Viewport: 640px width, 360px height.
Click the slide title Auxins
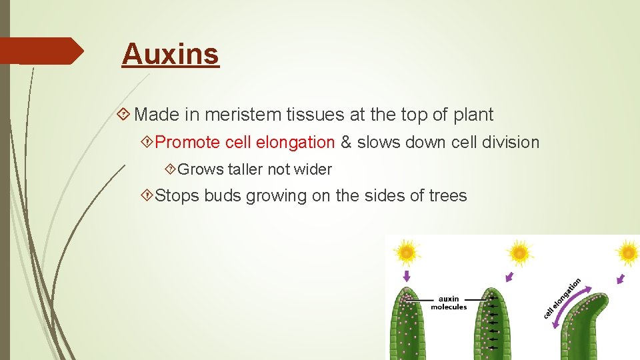click(170, 54)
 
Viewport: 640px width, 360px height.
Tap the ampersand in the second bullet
click(346, 142)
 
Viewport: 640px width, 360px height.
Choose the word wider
click(313, 169)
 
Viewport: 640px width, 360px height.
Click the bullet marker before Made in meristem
click(123, 115)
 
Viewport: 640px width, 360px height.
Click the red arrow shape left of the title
click(41, 51)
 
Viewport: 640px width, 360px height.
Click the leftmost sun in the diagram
click(406, 252)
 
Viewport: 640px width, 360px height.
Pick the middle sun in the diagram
click(519, 253)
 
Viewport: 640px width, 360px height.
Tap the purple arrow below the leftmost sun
click(407, 275)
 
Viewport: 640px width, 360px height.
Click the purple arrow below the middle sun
click(509, 276)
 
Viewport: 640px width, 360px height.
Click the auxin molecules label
click(449, 303)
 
